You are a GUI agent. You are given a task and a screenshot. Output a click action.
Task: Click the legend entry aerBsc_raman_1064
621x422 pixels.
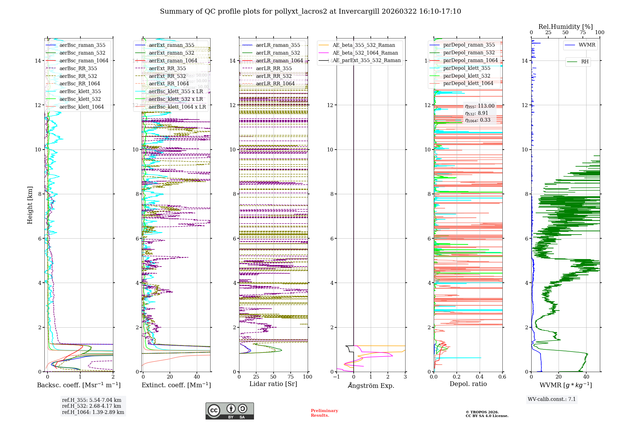[x=84, y=61]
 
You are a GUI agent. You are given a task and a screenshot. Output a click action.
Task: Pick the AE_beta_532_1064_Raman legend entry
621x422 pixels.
[x=365, y=53]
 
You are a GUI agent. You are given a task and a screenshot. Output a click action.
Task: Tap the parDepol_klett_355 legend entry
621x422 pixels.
[x=467, y=68]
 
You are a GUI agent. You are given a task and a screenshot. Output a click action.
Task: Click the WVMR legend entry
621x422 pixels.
[x=587, y=45]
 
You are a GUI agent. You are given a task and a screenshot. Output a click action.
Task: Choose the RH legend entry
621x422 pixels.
[x=585, y=62]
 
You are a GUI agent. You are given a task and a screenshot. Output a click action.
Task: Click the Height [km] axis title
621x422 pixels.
[x=30, y=205]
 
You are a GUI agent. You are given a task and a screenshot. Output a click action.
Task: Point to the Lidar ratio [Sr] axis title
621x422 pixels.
[x=273, y=384]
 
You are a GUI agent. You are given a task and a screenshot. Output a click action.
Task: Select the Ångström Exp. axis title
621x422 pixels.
[x=371, y=385]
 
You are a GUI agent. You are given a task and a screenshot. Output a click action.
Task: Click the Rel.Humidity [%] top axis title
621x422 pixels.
[x=565, y=27]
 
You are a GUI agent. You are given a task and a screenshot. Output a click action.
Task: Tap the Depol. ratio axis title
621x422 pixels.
[x=468, y=384]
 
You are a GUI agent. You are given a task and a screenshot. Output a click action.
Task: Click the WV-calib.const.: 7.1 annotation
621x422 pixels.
[x=552, y=399]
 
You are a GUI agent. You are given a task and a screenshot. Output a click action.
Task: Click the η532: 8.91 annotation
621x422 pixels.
[x=477, y=113]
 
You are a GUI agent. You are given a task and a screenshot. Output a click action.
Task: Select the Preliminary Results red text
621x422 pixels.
[x=324, y=413]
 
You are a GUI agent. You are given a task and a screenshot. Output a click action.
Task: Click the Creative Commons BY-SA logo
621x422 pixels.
[x=230, y=411]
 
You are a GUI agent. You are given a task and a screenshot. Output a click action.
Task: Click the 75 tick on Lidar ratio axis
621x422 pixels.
[x=291, y=377]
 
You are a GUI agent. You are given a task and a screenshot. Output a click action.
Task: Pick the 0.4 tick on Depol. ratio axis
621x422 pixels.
[x=480, y=377]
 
